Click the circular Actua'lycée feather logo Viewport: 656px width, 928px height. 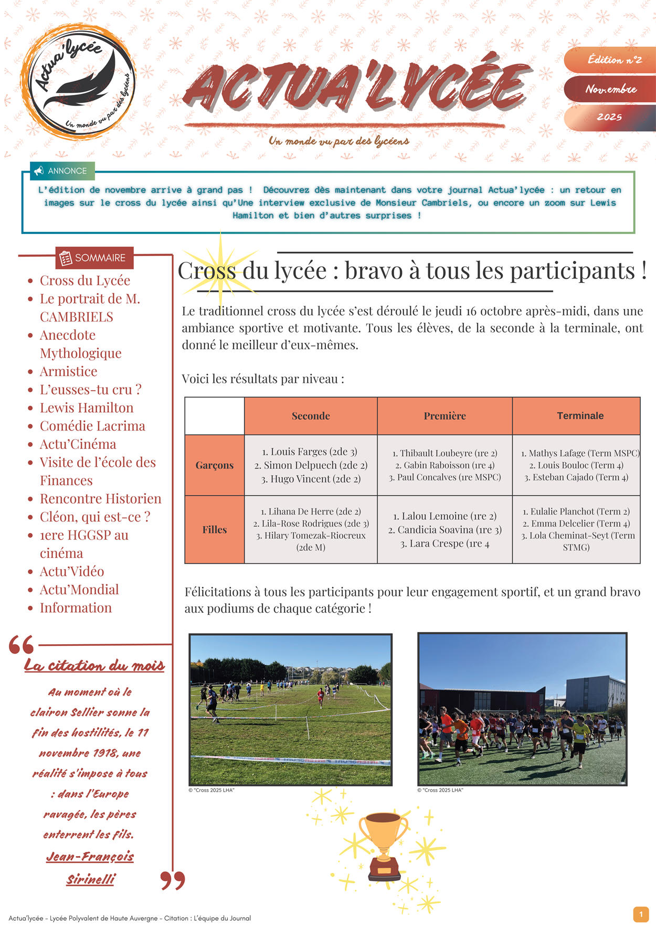pos(78,81)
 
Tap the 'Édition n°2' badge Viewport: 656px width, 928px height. pos(613,60)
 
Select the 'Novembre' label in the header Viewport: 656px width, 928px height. pos(611,89)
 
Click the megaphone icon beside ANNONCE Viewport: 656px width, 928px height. pos(39,170)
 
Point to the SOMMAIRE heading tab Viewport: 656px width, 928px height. pos(94,258)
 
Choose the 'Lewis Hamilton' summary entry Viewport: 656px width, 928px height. pos(86,408)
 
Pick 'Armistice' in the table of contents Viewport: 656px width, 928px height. pos(68,371)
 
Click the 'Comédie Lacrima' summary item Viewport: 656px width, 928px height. pos(92,426)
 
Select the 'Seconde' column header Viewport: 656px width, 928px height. pos(311,416)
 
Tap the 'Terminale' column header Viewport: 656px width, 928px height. pos(580,416)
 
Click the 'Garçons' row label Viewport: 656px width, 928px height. pos(214,465)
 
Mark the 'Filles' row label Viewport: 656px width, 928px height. pos(214,530)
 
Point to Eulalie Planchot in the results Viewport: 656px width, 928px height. pos(562,511)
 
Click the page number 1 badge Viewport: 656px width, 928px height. pos(640,914)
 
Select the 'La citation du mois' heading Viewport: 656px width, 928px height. pos(94,666)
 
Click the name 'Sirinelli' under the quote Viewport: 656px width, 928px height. pos(90,879)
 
